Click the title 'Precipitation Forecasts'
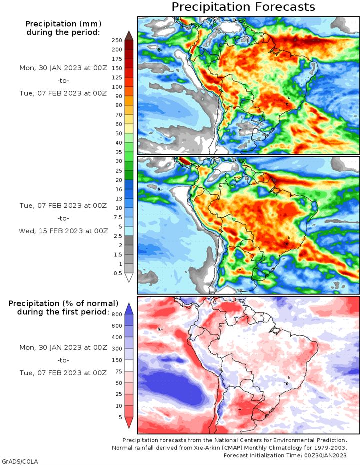pyautogui.click(x=243, y=7)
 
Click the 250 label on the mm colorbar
pyautogui.click(x=117, y=40)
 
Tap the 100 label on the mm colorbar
pyautogui.click(x=117, y=87)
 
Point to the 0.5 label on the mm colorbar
pyautogui.click(x=118, y=273)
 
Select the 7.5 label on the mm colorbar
pyautogui.click(x=118, y=217)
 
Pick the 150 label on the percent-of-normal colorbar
pyautogui.click(x=117, y=360)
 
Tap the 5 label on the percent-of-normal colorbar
pyautogui.click(x=120, y=417)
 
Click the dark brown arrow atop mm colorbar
pyautogui.click(x=129, y=35)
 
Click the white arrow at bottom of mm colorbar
pyautogui.click(x=129, y=277)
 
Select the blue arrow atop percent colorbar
pyautogui.click(x=129, y=309)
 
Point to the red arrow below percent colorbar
pyautogui.click(x=129, y=423)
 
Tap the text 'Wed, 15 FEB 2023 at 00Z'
pyautogui.click(x=63, y=231)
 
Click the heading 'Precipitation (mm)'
pyautogui.click(x=63, y=24)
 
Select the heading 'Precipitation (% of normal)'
pyautogui.click(x=63, y=304)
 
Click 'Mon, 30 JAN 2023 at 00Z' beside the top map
pyautogui.click(x=63, y=68)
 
